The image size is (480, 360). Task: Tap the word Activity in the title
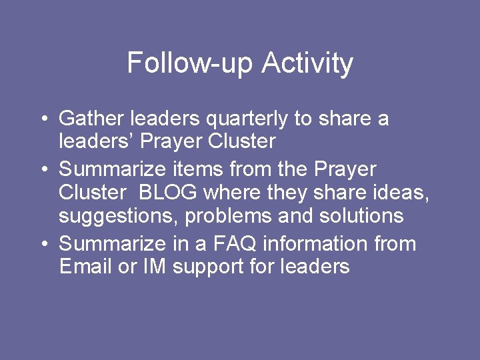pyautogui.click(x=307, y=63)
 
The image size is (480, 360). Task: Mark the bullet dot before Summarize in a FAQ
pyautogui.click(x=43, y=245)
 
